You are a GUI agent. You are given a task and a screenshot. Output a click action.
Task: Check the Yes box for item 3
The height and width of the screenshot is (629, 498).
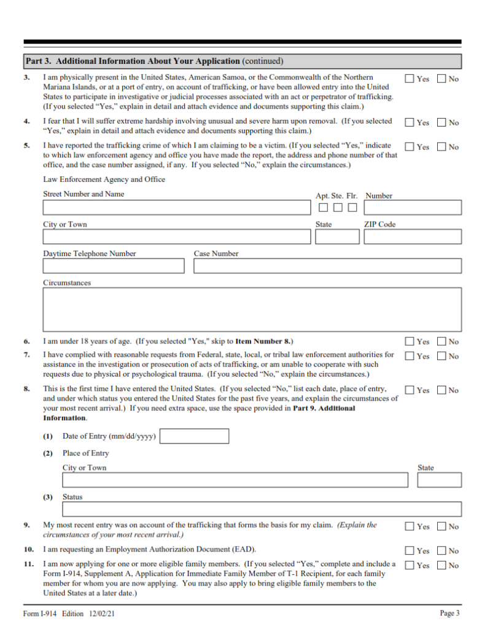(x=410, y=79)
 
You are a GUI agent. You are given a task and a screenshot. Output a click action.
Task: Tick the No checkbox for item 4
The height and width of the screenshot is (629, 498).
(x=442, y=122)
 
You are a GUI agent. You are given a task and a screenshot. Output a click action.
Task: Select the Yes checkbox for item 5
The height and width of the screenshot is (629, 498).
(x=410, y=147)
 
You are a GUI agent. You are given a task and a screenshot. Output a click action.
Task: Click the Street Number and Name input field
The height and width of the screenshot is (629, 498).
(x=176, y=208)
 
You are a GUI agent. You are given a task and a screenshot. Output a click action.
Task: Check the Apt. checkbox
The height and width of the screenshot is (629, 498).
(x=323, y=208)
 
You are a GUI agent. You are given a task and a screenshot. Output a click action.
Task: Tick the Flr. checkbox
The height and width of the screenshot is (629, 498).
(x=352, y=208)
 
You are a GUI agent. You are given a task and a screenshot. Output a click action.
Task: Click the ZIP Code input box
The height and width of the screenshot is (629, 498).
(x=412, y=236)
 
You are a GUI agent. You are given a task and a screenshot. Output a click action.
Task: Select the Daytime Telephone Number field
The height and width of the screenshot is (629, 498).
(x=113, y=266)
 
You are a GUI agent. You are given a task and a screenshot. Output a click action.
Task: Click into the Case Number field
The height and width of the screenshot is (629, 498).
(x=327, y=266)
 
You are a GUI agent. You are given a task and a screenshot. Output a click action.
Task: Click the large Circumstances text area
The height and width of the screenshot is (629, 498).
(x=252, y=310)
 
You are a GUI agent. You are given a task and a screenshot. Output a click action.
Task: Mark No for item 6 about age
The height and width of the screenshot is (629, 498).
(x=442, y=342)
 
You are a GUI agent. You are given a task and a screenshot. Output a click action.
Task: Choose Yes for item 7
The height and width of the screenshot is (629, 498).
(x=410, y=356)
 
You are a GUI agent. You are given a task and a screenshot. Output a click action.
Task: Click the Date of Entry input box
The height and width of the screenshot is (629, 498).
(x=194, y=436)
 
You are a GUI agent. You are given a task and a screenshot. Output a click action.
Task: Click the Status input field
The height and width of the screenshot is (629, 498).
(x=262, y=509)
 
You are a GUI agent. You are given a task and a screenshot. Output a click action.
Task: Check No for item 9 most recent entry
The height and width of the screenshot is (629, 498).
(x=442, y=526)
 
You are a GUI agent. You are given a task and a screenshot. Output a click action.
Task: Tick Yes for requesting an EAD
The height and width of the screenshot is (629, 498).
(x=410, y=551)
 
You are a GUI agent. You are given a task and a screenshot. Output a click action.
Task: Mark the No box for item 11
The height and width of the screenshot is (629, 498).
(x=442, y=566)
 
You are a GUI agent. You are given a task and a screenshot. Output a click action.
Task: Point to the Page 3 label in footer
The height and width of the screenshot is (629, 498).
(x=449, y=613)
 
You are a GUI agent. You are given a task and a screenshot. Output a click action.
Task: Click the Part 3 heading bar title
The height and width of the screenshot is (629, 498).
(x=154, y=61)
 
